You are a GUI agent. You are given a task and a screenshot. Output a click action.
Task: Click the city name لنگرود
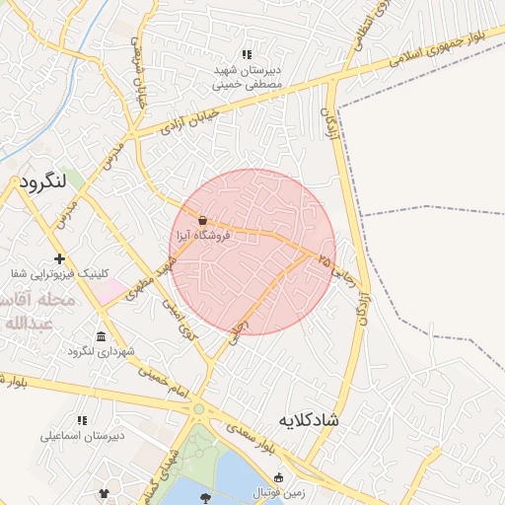41,182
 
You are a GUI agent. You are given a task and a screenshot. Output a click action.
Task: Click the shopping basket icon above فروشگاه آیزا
202,220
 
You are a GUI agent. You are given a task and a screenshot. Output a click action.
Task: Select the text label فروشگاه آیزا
202,237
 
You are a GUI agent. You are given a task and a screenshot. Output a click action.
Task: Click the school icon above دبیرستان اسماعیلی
81,419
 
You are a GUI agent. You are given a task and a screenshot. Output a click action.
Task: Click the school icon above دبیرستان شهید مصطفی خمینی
247,55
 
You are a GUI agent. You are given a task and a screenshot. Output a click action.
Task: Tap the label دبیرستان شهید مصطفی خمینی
247,78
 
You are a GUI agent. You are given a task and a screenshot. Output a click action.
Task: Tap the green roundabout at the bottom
198,408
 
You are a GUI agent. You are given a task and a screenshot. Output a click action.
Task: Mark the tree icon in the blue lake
205,498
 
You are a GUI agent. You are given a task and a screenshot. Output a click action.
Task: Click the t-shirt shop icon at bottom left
106,491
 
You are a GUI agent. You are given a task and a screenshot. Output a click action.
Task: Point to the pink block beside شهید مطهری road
114,290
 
